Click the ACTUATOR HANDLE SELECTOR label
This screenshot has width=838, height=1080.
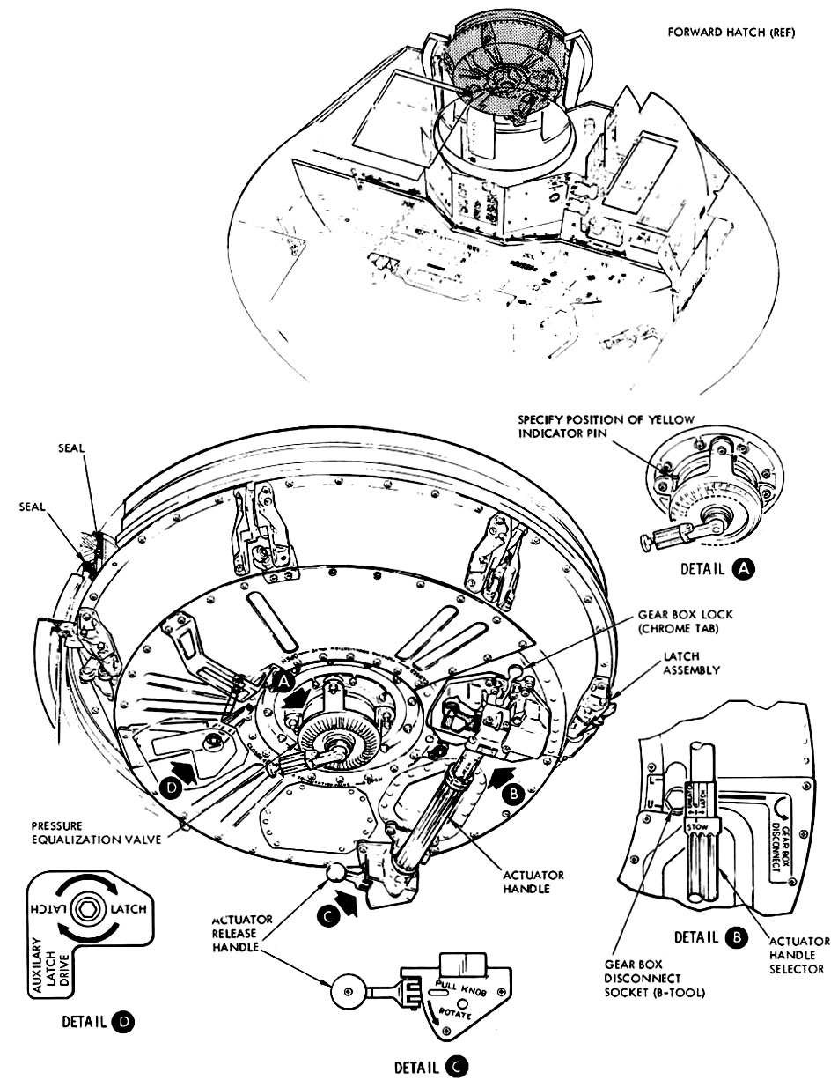point(797,954)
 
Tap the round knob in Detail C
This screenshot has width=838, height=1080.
point(345,991)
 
